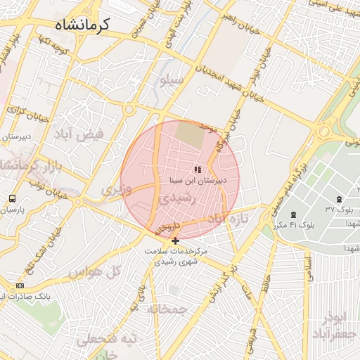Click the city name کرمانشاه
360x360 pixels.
click(x=82, y=25)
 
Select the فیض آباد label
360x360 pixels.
click(x=83, y=134)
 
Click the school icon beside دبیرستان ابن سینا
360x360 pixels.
click(x=198, y=169)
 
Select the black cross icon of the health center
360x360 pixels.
click(x=175, y=240)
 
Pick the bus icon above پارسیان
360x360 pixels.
click(x=12, y=199)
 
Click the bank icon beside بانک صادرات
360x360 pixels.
click(x=20, y=285)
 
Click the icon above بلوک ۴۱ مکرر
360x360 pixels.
click(x=293, y=214)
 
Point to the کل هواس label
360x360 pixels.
click(x=87, y=271)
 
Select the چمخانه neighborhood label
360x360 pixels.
click(x=167, y=309)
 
